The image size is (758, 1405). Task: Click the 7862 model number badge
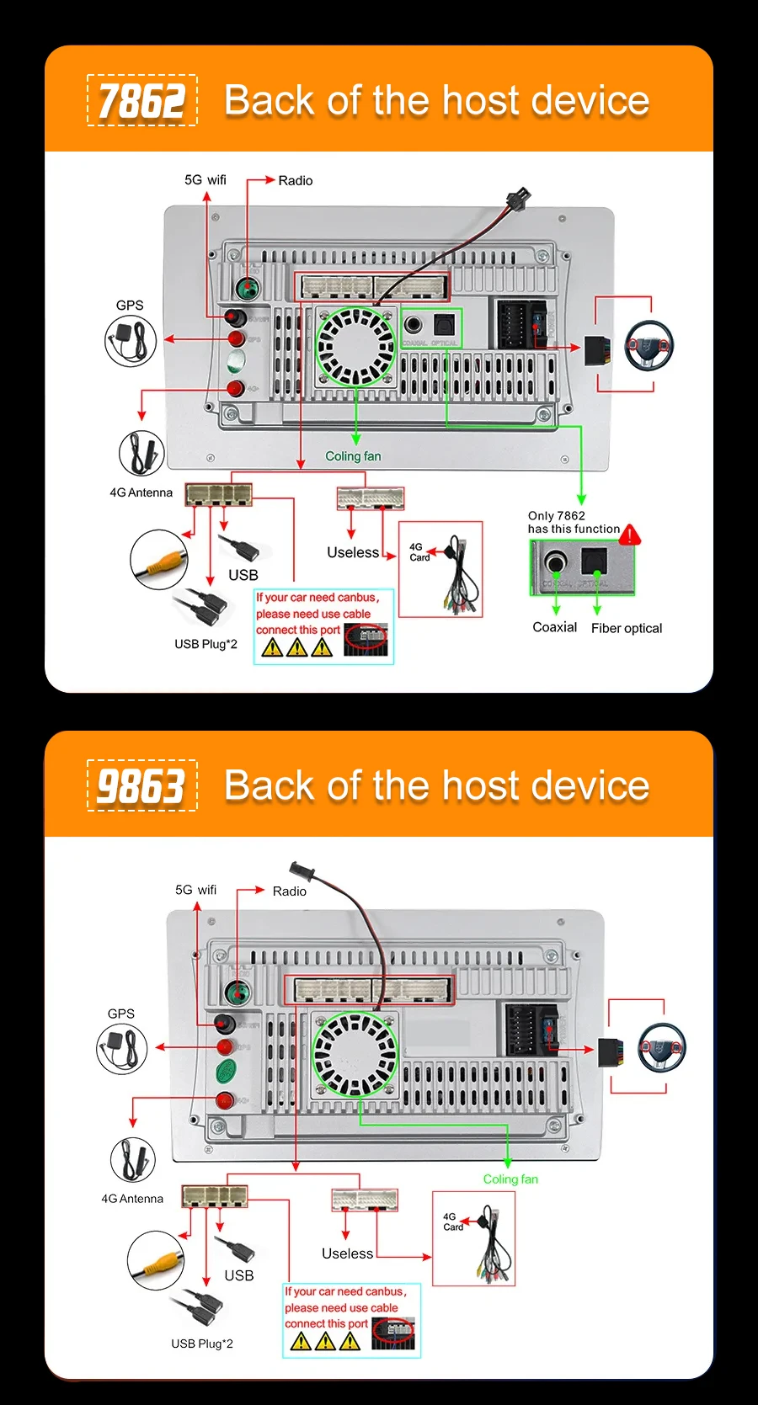point(141,100)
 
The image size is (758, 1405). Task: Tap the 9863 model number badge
point(141,785)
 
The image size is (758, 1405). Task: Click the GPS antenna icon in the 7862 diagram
point(131,341)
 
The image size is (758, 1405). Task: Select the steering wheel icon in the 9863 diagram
point(661,1047)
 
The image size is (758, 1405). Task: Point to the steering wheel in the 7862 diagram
point(649,345)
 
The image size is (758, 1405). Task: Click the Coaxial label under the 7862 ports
point(554,627)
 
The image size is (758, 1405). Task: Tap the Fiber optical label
point(627,628)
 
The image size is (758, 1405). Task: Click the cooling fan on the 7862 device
point(355,346)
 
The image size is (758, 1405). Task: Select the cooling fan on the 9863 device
point(355,1053)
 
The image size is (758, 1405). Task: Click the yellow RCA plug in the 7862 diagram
point(159,559)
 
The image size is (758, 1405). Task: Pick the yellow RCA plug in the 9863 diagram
point(156,1260)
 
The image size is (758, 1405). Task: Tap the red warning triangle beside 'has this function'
point(630,535)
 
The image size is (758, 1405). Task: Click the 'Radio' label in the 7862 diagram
point(295,180)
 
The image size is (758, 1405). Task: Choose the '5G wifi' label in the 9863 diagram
point(195,890)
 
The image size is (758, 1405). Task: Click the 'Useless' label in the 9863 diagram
point(347,1253)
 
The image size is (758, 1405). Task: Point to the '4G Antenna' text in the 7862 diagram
point(141,492)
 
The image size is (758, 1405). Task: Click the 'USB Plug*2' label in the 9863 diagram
point(202,1344)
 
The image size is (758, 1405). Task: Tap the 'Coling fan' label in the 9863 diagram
point(510,1179)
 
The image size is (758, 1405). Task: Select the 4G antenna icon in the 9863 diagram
point(132,1159)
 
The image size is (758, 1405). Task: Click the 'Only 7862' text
point(557,515)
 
